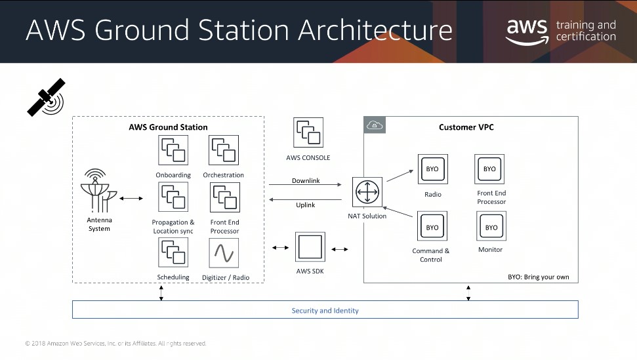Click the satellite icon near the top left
(x=47, y=98)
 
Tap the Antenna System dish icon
(x=98, y=191)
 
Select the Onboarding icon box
(x=173, y=150)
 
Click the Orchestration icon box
(x=224, y=150)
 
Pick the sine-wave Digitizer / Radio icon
(x=224, y=253)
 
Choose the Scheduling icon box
(x=173, y=252)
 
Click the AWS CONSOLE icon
(x=308, y=132)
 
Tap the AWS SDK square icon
(x=310, y=247)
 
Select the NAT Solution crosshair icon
(x=367, y=192)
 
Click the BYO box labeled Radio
(x=433, y=169)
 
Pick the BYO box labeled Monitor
(x=491, y=226)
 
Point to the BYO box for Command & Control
(x=432, y=226)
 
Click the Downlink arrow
(x=305, y=185)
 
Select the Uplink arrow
(x=305, y=199)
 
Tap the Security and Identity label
(x=325, y=310)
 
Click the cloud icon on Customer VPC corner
(x=375, y=125)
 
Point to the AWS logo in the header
(x=527, y=31)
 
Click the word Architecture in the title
(x=375, y=30)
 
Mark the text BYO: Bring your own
(x=539, y=277)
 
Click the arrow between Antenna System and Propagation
(x=131, y=199)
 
